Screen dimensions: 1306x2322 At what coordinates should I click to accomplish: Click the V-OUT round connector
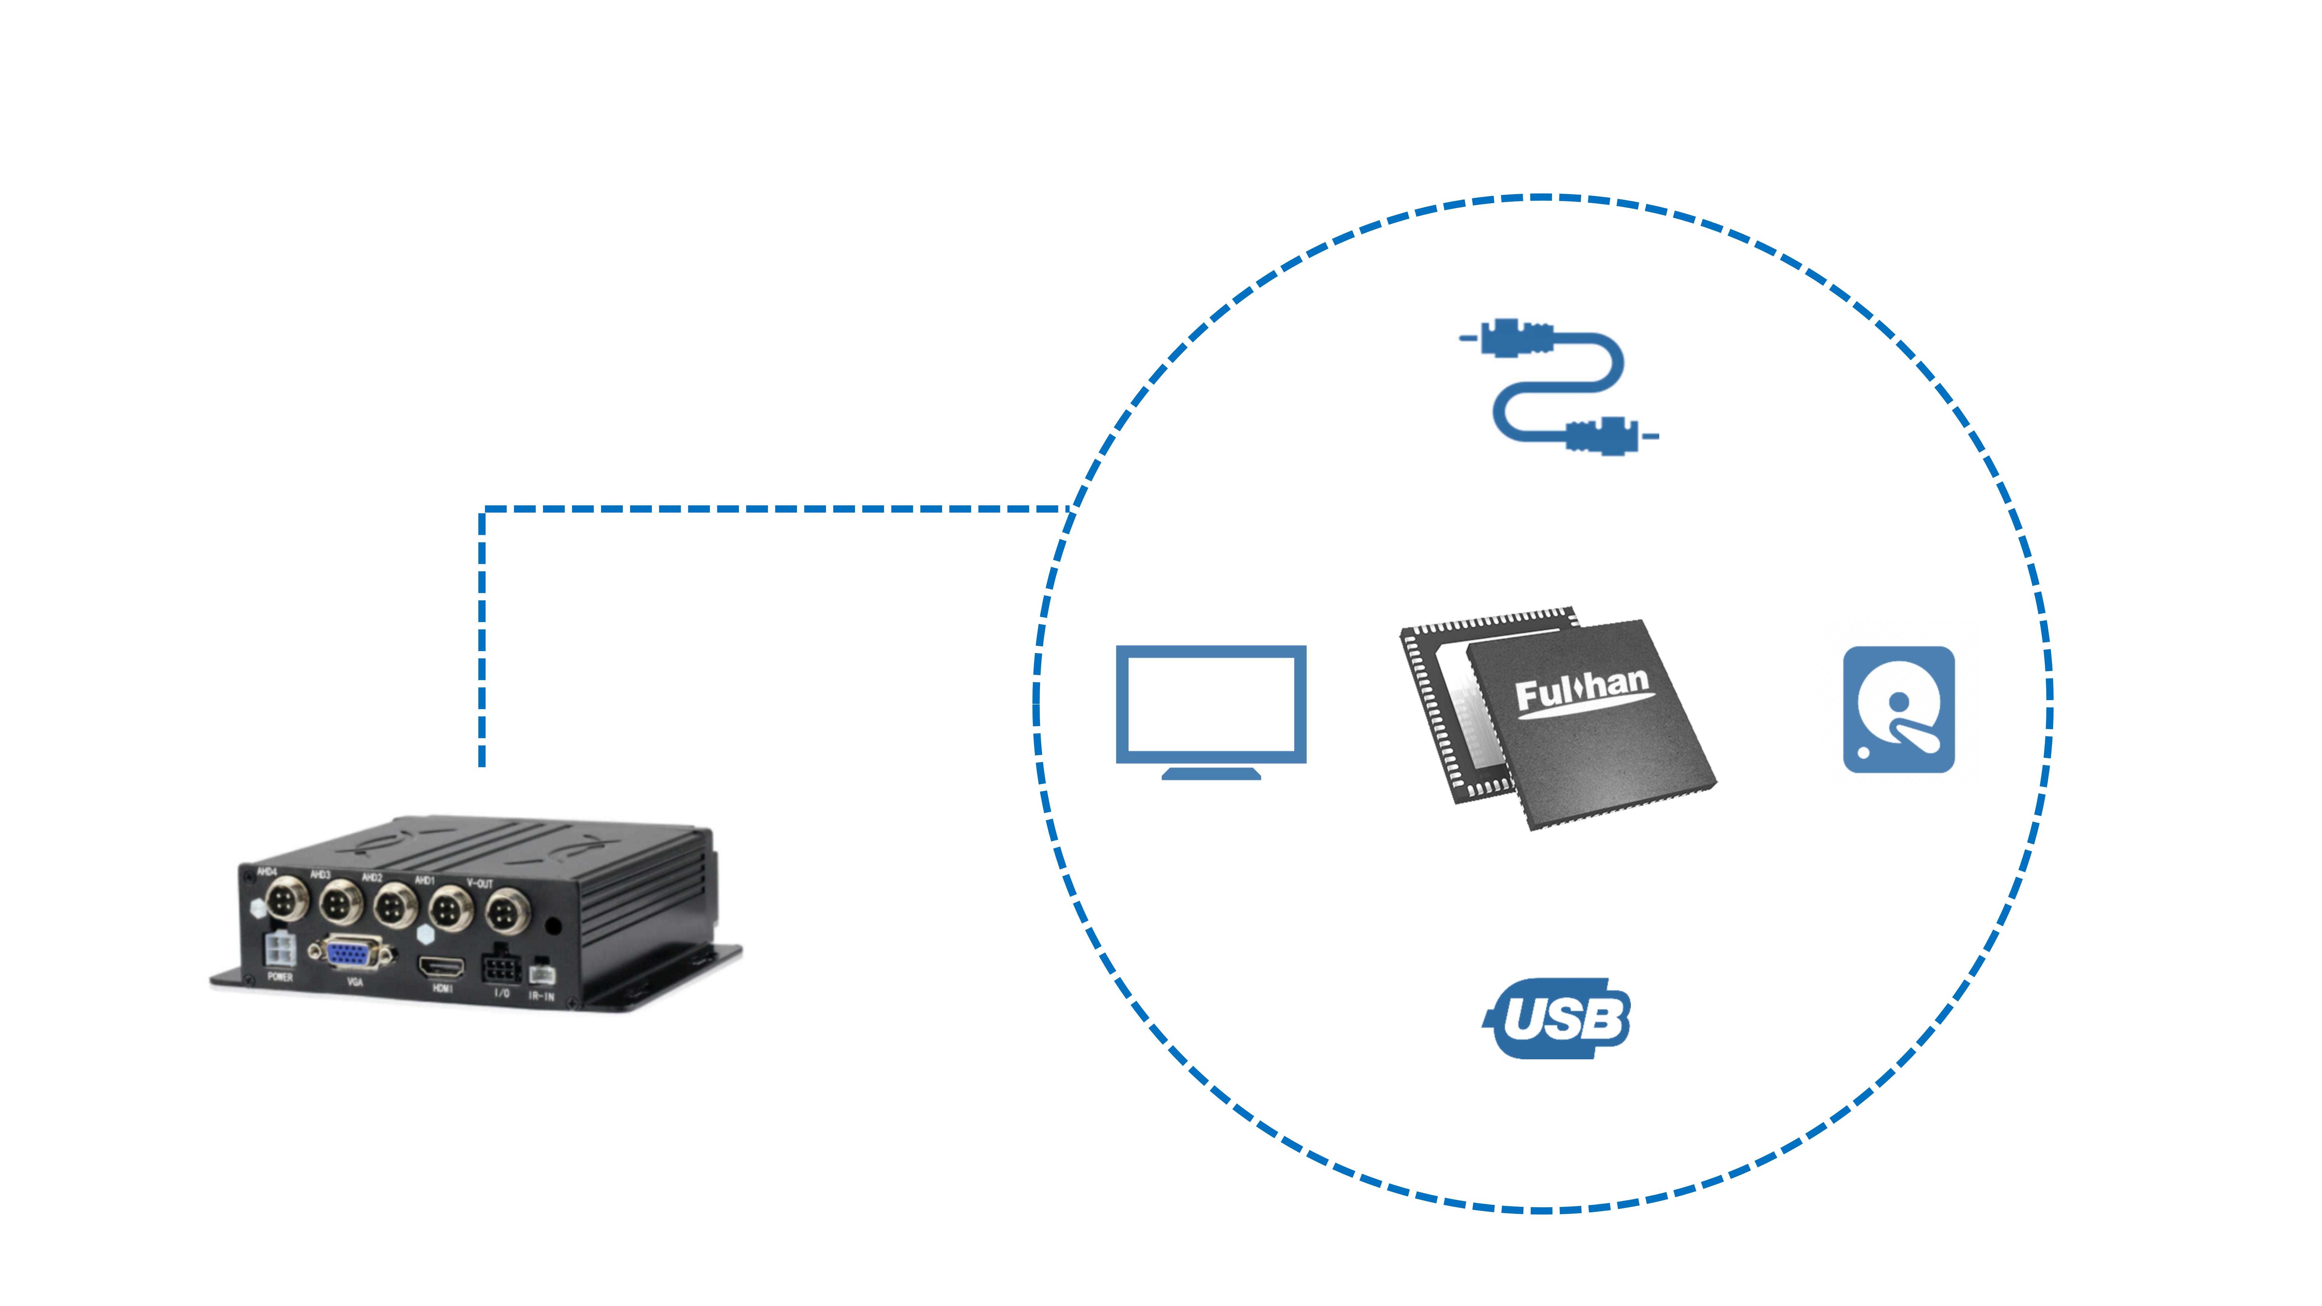(x=508, y=912)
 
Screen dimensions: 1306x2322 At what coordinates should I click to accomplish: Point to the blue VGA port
(x=352, y=953)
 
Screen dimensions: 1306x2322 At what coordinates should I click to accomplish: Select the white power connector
(x=278, y=950)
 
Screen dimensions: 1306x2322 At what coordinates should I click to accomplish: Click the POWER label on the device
(x=279, y=977)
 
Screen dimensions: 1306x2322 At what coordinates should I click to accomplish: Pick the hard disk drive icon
(x=1898, y=709)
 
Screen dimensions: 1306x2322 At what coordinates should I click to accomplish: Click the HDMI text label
(x=442, y=989)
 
